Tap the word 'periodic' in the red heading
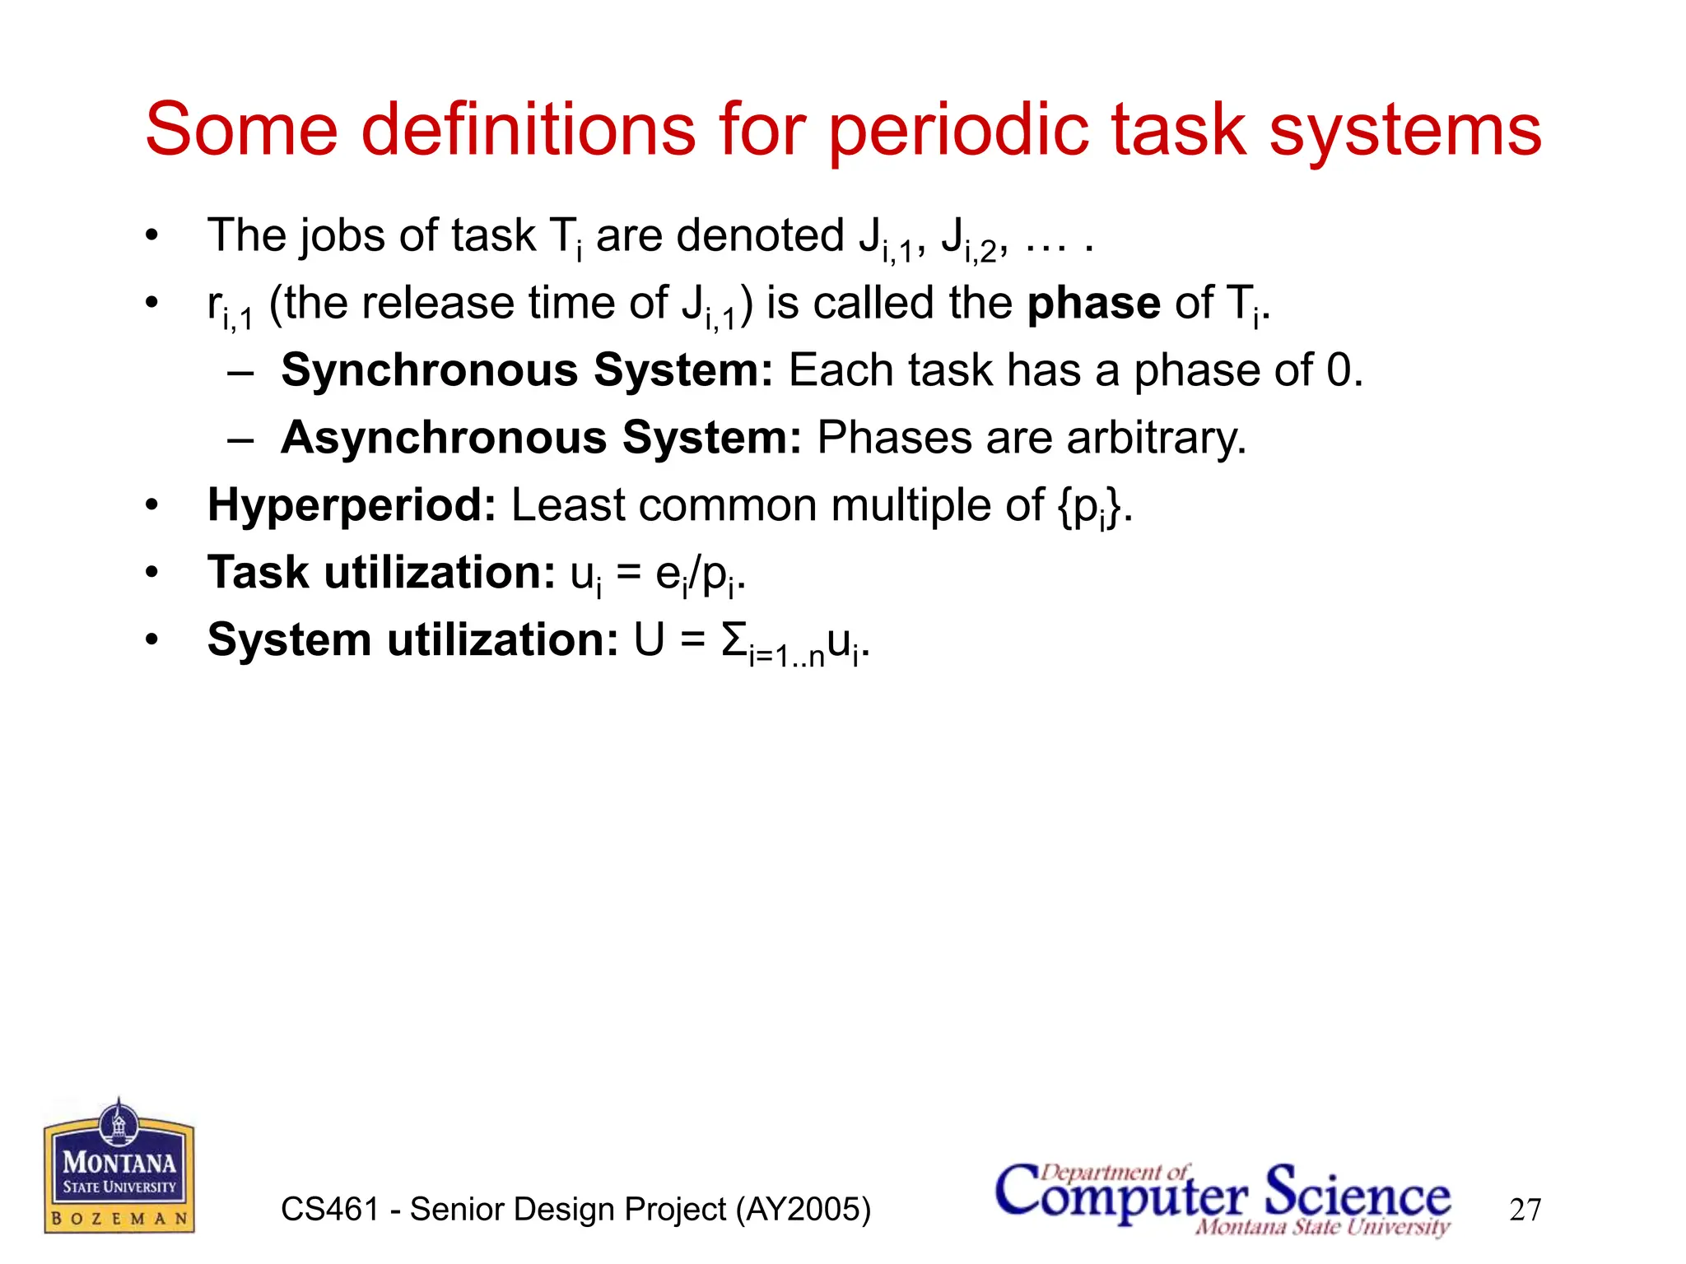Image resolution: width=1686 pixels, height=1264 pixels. [x=960, y=132]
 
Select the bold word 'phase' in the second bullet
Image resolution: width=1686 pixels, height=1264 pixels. [x=1093, y=304]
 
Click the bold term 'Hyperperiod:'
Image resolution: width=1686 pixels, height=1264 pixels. [x=352, y=505]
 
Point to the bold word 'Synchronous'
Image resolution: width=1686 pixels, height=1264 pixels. [x=428, y=370]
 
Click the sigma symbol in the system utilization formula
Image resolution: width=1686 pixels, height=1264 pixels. [x=734, y=640]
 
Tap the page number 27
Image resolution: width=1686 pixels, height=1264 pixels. [x=1525, y=1210]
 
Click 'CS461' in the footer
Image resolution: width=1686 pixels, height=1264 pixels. [x=329, y=1210]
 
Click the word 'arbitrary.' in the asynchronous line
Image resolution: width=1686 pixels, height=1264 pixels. [x=1157, y=438]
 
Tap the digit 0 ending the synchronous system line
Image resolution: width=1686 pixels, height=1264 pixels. [x=1339, y=370]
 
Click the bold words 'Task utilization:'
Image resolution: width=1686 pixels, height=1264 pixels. [x=381, y=573]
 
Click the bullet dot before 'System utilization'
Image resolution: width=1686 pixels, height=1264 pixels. [x=151, y=639]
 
